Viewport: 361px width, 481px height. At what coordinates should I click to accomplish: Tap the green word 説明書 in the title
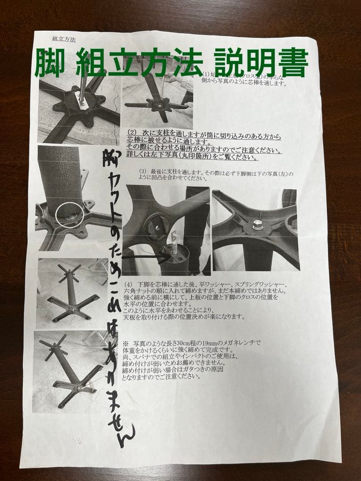click(261, 63)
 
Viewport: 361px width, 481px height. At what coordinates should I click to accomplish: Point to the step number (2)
click(132, 133)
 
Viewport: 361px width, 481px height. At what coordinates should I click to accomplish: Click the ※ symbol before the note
click(125, 342)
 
